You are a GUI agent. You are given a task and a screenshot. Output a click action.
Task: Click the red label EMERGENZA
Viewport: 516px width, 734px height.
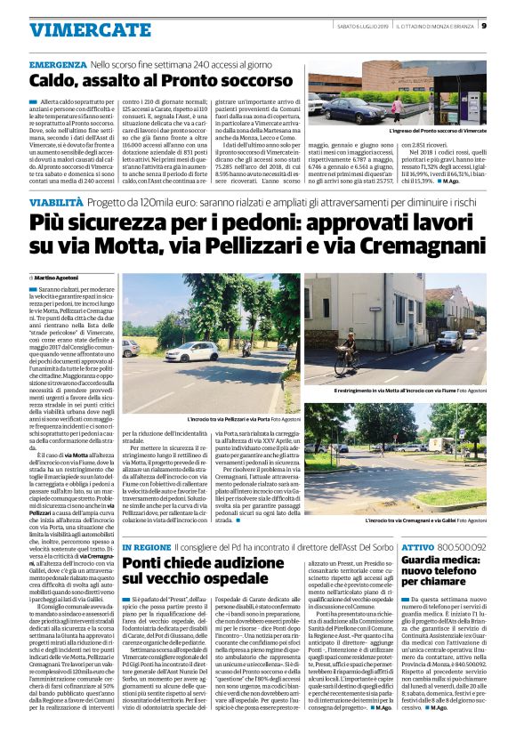click(57, 66)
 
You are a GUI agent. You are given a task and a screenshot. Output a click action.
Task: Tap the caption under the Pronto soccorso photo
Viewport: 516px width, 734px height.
click(439, 131)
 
